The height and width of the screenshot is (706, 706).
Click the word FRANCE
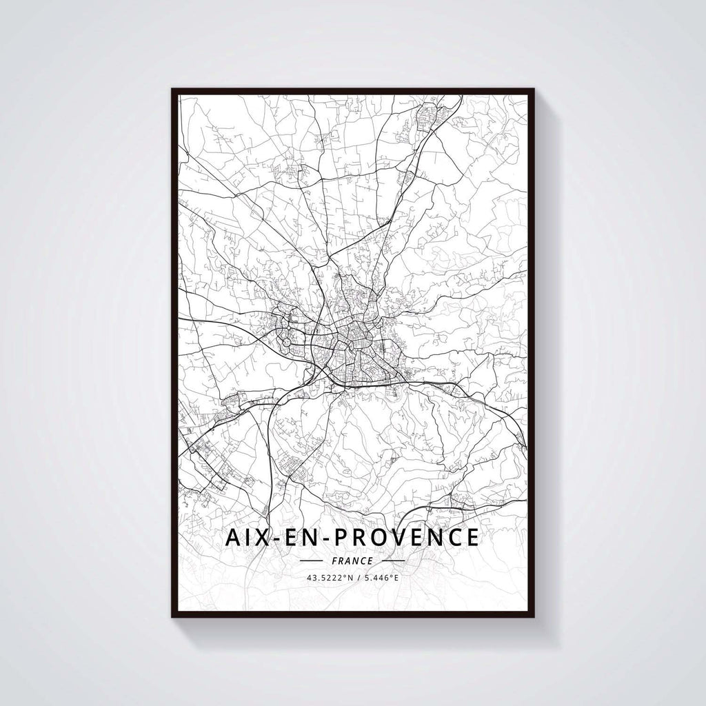click(x=352, y=561)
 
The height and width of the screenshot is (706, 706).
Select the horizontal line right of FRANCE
click(x=392, y=561)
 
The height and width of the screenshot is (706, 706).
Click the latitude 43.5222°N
click(x=329, y=578)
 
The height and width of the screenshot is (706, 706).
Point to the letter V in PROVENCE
click(x=404, y=537)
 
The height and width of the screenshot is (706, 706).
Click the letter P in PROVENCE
click(x=344, y=537)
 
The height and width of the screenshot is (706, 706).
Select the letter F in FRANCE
click(x=334, y=561)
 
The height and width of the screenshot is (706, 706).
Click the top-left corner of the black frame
click(x=172, y=89)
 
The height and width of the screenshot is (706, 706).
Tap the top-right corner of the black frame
click(x=534, y=89)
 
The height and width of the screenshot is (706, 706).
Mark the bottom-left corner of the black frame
click(x=172, y=616)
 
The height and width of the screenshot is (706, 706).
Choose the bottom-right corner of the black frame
click(x=534, y=616)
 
